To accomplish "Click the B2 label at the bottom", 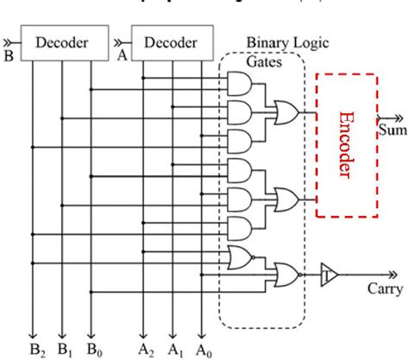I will (35, 350).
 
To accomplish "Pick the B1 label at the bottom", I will (63, 350).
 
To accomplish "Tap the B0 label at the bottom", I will (91, 350).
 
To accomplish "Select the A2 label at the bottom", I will (145, 350).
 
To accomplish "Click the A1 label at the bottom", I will (173, 350).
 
